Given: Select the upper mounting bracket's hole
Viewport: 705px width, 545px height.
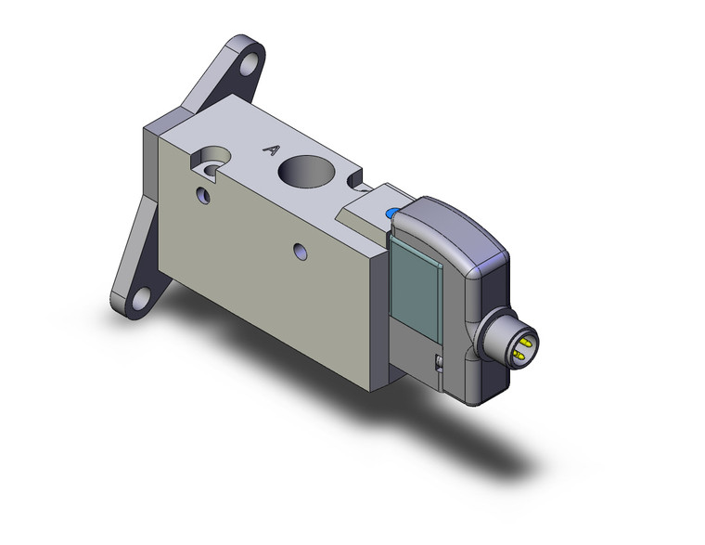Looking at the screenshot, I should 248,66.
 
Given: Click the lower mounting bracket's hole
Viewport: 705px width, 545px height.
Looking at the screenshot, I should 141,298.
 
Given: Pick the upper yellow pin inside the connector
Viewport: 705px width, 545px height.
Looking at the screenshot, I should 527,341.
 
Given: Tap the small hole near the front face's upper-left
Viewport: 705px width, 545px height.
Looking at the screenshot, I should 203,196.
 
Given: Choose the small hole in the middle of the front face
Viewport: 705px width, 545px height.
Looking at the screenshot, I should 299,251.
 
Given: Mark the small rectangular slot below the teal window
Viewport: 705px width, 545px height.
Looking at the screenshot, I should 438,363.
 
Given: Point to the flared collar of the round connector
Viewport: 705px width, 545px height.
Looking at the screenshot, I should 491,334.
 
